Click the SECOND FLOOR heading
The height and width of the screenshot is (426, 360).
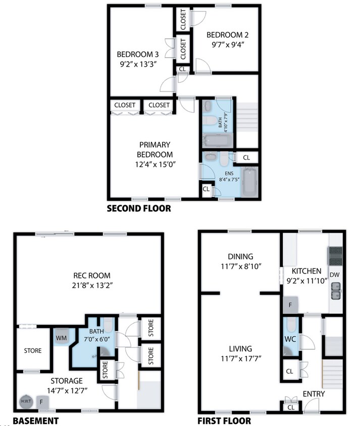tap(138, 208)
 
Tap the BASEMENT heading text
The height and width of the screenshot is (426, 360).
tap(35, 420)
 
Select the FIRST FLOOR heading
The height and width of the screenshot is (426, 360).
tap(224, 420)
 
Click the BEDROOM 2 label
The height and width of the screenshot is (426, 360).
tap(228, 35)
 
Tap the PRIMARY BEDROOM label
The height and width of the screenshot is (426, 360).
tap(155, 149)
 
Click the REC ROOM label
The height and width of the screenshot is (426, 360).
tap(91, 276)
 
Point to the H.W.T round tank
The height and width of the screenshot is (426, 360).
tap(25, 402)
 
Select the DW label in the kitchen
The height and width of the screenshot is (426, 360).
tap(334, 275)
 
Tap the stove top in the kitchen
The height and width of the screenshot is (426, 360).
tap(336, 256)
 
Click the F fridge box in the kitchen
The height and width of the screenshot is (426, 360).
tap(290, 305)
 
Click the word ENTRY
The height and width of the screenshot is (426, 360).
tap(314, 394)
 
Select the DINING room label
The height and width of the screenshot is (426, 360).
tap(240, 256)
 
